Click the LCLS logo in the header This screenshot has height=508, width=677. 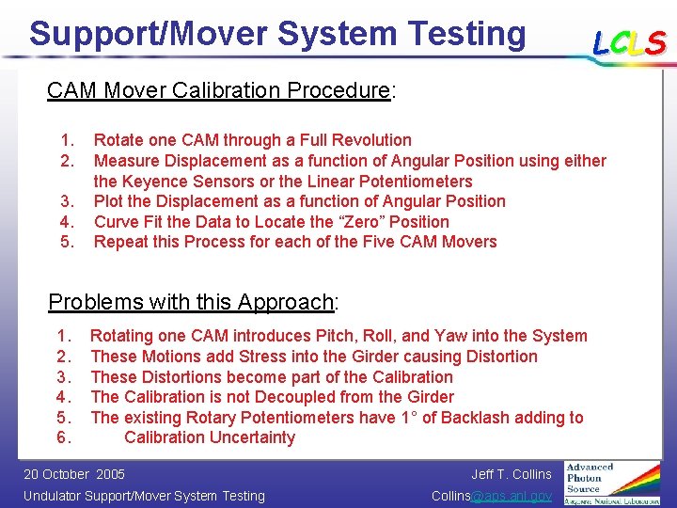pyautogui.click(x=628, y=42)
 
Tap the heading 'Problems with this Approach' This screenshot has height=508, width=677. pyautogui.click(x=192, y=302)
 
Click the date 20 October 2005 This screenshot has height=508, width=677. pyautogui.click(x=73, y=474)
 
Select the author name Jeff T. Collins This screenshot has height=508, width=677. pyautogui.click(x=512, y=474)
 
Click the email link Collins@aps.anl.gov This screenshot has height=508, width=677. pyautogui.click(x=492, y=496)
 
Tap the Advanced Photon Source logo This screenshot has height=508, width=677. pyautogui.click(x=612, y=483)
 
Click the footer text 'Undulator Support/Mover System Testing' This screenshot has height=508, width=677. pyautogui.click(x=144, y=496)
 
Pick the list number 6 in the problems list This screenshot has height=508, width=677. pyautogui.click(x=62, y=437)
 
